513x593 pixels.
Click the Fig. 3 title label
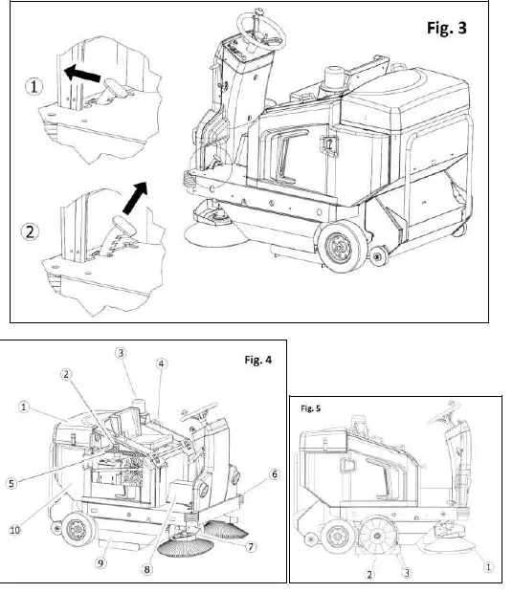click(446, 28)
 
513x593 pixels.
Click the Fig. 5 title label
click(310, 408)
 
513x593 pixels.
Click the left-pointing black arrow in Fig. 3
click(79, 70)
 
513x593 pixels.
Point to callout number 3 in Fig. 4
click(122, 353)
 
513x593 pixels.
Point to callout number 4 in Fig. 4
click(162, 364)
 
